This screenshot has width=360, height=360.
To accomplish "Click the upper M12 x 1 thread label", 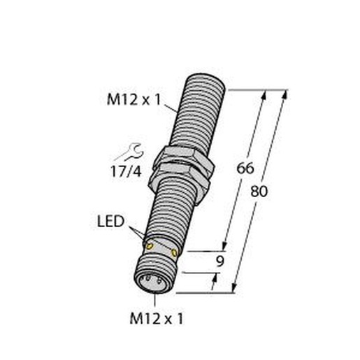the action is [134, 100].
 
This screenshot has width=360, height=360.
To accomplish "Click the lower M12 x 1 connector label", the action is [157, 318].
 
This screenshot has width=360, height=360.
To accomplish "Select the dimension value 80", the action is [259, 192].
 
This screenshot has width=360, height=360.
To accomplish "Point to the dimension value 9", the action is [219, 261].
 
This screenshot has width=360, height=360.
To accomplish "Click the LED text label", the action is [110, 221].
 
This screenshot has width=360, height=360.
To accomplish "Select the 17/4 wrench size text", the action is [126, 172].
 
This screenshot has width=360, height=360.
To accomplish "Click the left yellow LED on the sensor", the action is [150, 246].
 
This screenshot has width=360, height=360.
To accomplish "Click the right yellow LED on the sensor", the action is [174, 252].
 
